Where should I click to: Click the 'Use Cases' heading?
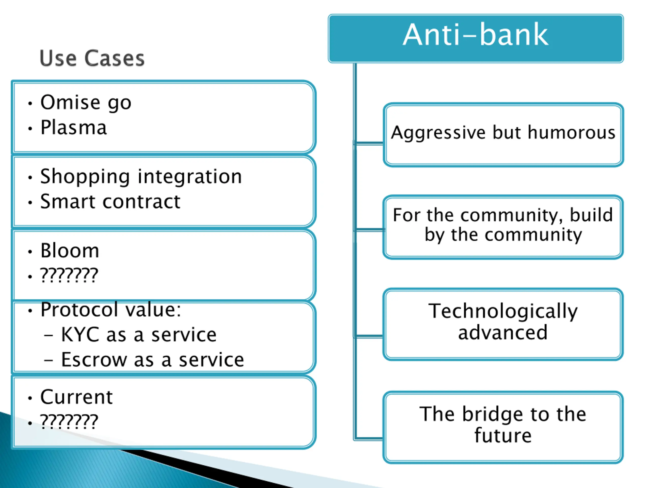(92, 58)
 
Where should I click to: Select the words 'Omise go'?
(86, 103)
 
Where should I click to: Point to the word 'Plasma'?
(73, 128)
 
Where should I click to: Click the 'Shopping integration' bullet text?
(141, 176)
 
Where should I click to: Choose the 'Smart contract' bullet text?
(110, 202)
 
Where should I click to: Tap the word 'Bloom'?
(70, 251)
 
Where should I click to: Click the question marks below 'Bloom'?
(69, 276)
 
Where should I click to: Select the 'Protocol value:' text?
(110, 310)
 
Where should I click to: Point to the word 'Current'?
(76, 397)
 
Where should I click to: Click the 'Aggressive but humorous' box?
(503, 134)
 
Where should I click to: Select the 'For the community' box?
(503, 227)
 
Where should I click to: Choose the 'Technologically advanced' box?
(503, 324)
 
